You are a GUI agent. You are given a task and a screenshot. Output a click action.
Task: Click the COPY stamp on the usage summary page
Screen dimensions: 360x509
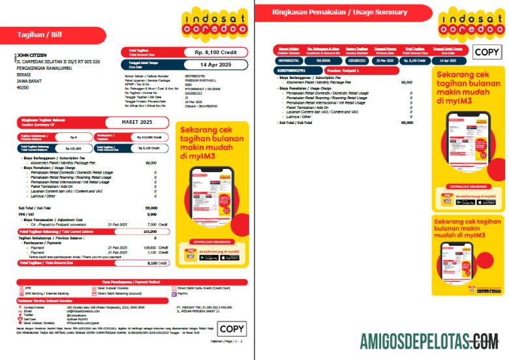(487, 53)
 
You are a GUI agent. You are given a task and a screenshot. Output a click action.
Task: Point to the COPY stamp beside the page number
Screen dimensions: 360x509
(231, 329)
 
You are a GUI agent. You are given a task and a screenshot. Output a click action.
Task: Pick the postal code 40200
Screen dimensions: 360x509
(22, 87)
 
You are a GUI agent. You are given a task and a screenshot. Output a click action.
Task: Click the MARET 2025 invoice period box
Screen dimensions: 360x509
(137, 122)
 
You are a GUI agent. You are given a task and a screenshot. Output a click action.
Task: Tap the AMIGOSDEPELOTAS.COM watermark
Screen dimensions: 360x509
(429, 340)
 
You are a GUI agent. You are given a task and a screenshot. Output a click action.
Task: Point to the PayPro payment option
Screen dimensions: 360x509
(183, 294)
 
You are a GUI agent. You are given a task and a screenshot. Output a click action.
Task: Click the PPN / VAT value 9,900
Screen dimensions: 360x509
(152, 214)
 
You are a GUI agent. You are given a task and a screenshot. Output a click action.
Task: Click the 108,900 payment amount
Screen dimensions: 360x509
(149, 248)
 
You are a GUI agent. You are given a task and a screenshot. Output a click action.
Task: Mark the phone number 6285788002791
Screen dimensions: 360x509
(291, 70)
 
